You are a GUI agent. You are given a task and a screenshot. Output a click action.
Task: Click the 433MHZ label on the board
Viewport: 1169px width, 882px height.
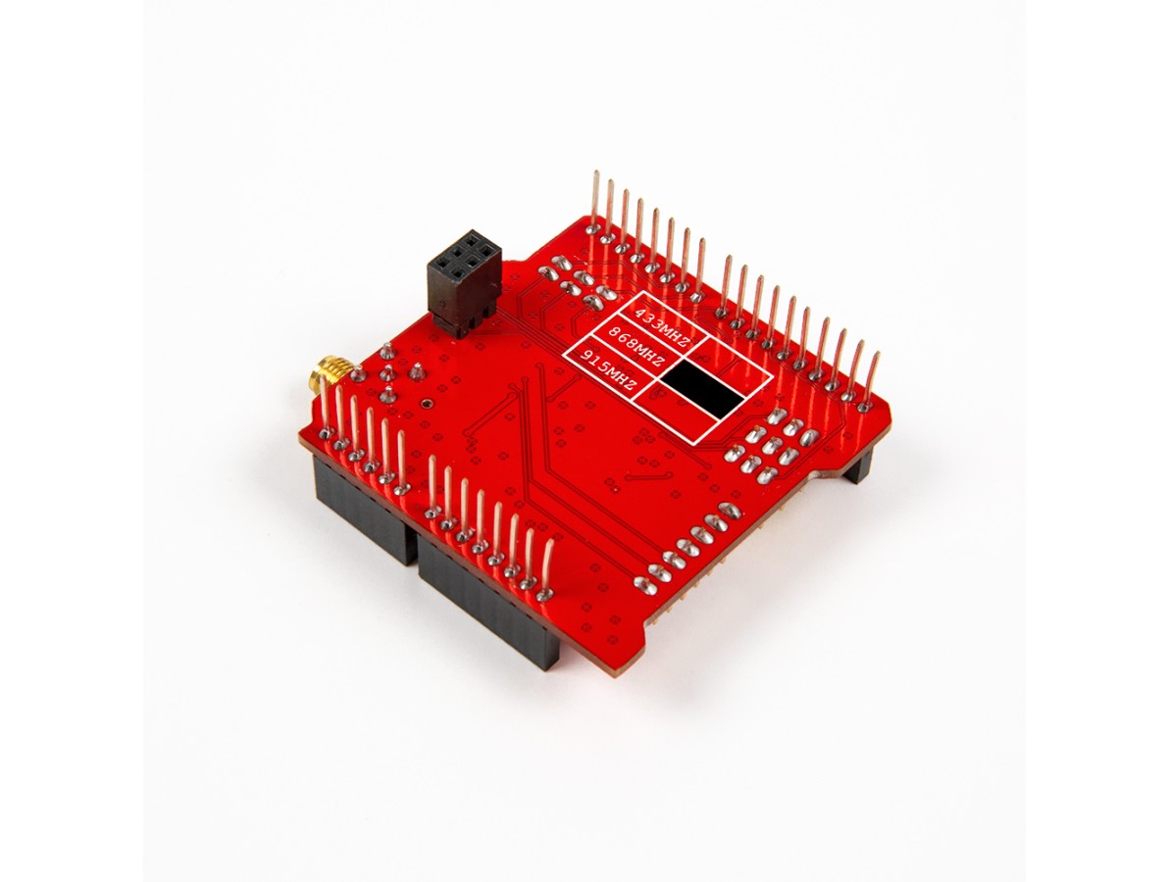(x=661, y=325)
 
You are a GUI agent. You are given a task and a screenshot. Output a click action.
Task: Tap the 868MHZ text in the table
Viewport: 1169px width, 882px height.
(x=636, y=348)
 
